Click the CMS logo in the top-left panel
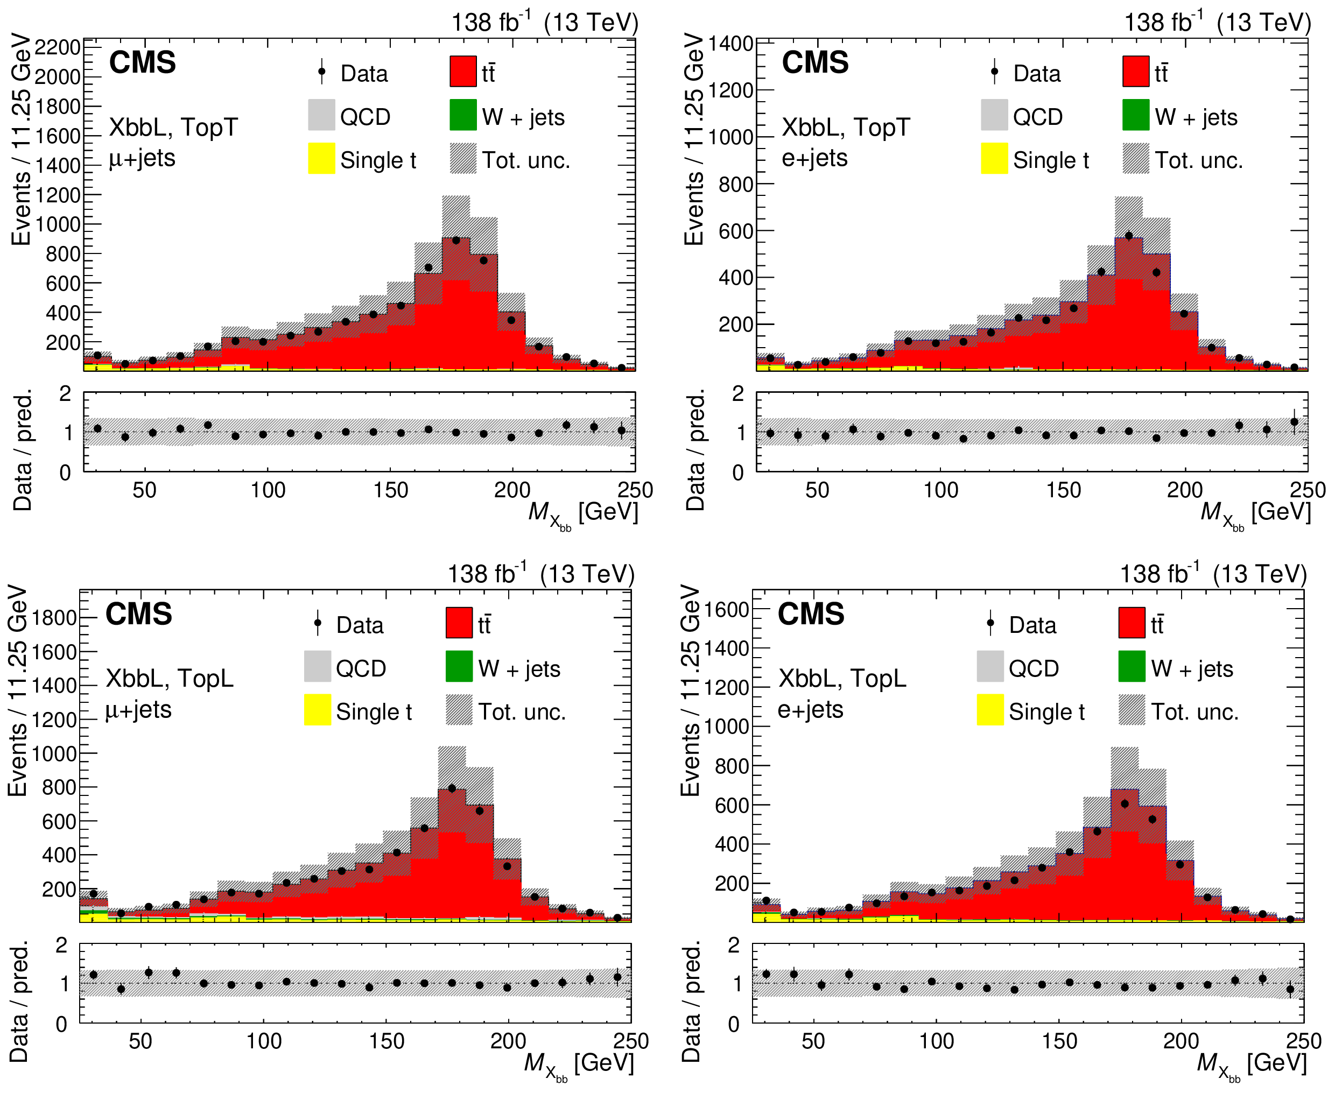pos(142,62)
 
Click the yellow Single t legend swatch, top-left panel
pos(321,158)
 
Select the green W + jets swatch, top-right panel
pos(1135,115)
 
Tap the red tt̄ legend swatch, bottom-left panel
pos(459,622)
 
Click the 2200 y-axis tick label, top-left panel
pos(58,47)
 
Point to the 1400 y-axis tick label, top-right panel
pos(730,44)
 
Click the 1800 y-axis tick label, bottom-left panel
pos(54,618)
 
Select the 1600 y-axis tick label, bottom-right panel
pos(727,610)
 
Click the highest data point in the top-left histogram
pos(456,240)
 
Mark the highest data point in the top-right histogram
pos(1128,236)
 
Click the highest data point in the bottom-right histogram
pos(1125,803)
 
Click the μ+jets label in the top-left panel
pos(142,158)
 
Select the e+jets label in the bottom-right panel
pos(810,709)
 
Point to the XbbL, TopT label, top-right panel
pos(846,128)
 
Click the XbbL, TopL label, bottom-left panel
pos(169,678)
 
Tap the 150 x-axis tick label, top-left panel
pos(390,490)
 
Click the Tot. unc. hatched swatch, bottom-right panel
pos(1132,710)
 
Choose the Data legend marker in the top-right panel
pos(995,73)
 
